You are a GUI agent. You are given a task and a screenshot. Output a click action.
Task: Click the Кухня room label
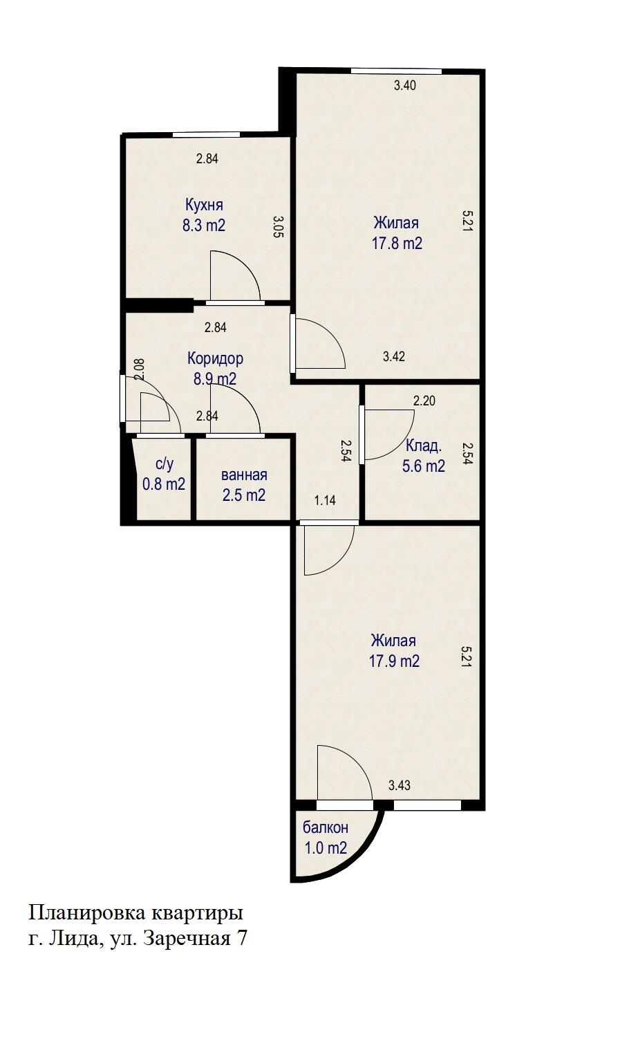pos(204,205)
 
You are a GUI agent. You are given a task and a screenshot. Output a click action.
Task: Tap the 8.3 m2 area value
pos(204,225)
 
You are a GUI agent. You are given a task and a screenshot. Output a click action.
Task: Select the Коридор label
pos(215,358)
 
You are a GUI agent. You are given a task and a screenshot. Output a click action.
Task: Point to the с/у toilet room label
pos(164,464)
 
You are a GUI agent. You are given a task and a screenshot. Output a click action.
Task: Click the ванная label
pos(244,475)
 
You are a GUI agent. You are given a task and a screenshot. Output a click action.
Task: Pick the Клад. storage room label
pos(424,446)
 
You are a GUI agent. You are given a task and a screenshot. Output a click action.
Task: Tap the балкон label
pos(326,827)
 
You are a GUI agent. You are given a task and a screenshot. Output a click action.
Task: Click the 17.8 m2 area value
pos(397,244)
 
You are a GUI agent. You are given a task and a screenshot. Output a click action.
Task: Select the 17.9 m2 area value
pos(394,661)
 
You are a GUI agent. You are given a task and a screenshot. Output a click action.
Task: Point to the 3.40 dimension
pos(405,86)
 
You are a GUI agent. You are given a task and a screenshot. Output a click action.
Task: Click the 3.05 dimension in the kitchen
pos(277,227)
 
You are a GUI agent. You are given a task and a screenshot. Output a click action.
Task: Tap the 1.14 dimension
pos(325,500)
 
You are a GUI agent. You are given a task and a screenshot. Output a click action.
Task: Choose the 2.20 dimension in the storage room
pos(424,400)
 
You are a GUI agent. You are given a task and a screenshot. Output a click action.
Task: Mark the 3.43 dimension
pos(400,785)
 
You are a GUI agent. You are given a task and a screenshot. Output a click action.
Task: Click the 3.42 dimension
pos(394,357)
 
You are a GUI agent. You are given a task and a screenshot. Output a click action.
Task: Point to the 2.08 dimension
pos(139,368)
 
